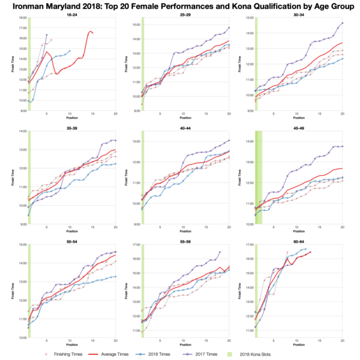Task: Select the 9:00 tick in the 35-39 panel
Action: tap(22, 224)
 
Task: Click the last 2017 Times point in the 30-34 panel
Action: tap(342, 23)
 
